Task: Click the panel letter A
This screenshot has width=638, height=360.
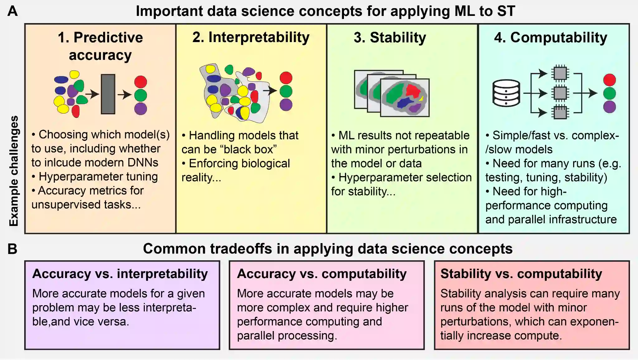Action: click(12, 11)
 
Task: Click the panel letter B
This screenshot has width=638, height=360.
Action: click(12, 249)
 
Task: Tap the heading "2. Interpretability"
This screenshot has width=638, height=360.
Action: click(251, 37)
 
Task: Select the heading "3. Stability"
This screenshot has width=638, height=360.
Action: click(390, 37)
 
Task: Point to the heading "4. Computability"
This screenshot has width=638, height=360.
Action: click(550, 37)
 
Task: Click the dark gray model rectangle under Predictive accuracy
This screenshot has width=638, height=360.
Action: click(108, 94)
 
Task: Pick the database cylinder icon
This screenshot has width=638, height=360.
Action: click(506, 93)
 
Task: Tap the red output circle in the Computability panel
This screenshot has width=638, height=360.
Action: click(609, 80)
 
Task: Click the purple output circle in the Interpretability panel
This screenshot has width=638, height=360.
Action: click(286, 105)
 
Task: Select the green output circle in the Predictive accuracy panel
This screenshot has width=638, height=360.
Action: click(140, 95)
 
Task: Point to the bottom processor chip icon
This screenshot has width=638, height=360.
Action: click(560, 112)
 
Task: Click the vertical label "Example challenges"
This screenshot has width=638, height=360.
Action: click(14, 171)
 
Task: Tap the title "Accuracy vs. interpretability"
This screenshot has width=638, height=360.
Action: click(120, 274)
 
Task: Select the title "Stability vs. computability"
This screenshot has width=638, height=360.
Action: click(521, 274)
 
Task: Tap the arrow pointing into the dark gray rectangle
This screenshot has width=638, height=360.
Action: click(92, 94)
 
